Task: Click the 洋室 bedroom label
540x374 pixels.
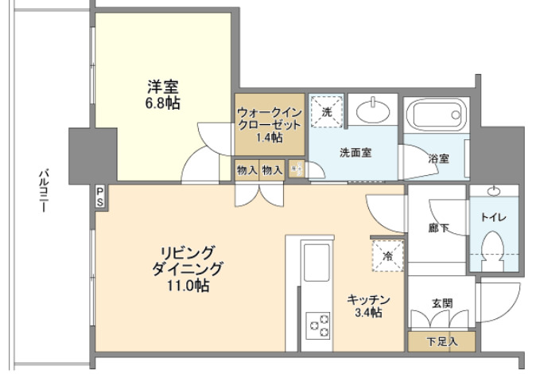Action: pyautogui.click(x=161, y=87)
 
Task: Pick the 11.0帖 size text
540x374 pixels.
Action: pyautogui.click(x=185, y=285)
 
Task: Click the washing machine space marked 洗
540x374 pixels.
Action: pyautogui.click(x=326, y=111)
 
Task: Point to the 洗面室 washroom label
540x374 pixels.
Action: pyautogui.click(x=354, y=152)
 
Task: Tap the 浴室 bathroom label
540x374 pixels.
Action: pyautogui.click(x=437, y=158)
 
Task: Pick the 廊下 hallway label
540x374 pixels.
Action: pyautogui.click(x=437, y=228)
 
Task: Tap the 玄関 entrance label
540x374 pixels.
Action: pyautogui.click(x=442, y=303)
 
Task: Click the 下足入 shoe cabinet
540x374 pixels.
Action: pyautogui.click(x=442, y=341)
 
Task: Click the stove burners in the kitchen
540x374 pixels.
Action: pyautogui.click(x=320, y=325)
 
